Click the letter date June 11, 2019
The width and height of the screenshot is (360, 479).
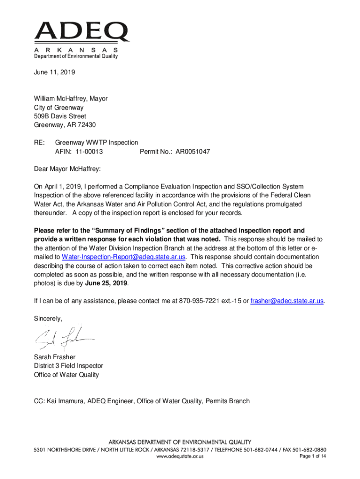click(x=54, y=73)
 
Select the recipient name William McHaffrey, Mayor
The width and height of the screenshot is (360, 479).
click(x=71, y=99)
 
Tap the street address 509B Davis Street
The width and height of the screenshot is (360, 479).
click(x=60, y=116)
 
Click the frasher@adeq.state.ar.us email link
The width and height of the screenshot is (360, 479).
click(x=287, y=301)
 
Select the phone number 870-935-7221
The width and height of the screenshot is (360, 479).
click(x=201, y=301)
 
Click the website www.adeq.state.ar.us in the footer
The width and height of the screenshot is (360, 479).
click(x=180, y=457)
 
